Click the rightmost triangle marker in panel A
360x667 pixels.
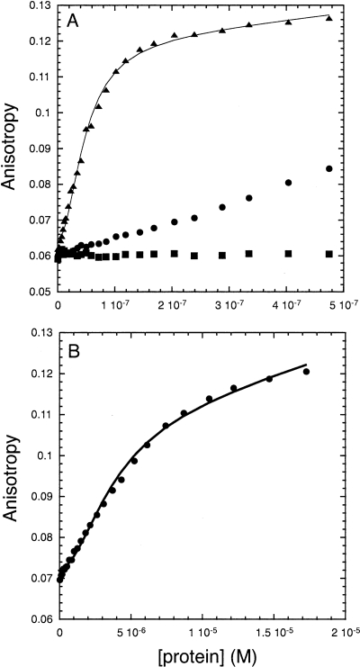point(329,18)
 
